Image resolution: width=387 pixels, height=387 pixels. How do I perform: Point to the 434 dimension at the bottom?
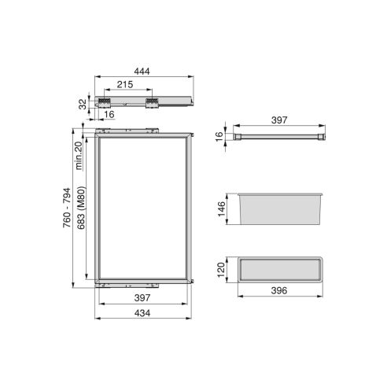coord(143,312)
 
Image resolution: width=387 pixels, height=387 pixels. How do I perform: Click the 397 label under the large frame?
coord(143,299)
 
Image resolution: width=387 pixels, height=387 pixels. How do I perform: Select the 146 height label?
coord(223,208)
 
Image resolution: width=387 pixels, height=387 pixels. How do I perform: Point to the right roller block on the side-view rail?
coord(151,103)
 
